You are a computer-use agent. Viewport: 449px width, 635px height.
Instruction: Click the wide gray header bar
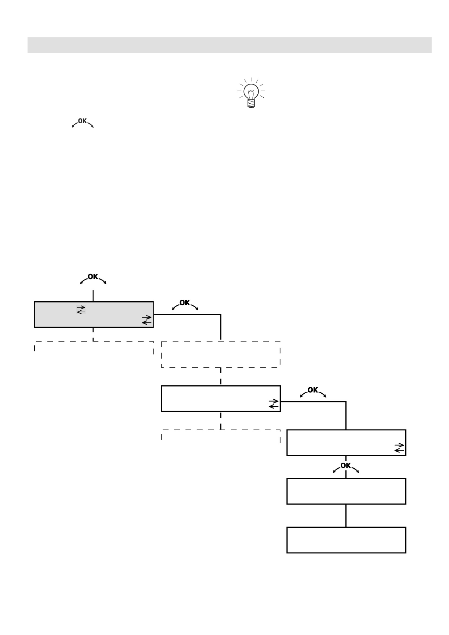point(229,45)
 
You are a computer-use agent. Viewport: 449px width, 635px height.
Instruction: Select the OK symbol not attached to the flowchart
point(82,122)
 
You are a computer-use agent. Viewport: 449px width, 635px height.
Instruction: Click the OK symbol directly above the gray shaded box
point(93,278)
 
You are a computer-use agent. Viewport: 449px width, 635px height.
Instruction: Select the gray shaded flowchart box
point(94,314)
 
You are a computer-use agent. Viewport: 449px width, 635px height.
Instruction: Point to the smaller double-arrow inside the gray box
point(81,310)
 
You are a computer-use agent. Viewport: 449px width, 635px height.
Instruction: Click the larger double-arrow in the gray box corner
point(147,320)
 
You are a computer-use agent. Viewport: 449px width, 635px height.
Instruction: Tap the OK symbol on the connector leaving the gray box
point(185,304)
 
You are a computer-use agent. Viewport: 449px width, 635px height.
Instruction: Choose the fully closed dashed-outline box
point(220,354)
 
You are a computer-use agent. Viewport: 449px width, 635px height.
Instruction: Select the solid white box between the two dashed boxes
point(220,398)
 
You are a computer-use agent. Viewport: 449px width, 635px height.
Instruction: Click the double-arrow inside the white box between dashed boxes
point(274,404)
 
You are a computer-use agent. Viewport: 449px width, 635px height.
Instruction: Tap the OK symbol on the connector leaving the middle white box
point(313,391)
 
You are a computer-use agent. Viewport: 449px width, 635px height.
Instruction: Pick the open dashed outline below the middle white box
point(220,434)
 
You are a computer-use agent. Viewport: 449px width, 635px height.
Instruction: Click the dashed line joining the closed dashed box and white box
point(220,376)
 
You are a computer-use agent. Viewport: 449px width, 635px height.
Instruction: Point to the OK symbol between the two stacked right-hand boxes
point(346,467)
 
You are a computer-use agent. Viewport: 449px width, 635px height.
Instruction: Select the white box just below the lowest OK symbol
point(346,491)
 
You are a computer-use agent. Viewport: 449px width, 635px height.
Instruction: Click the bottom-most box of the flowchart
point(346,540)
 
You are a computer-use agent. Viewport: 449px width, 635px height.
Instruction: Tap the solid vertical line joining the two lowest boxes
point(346,515)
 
